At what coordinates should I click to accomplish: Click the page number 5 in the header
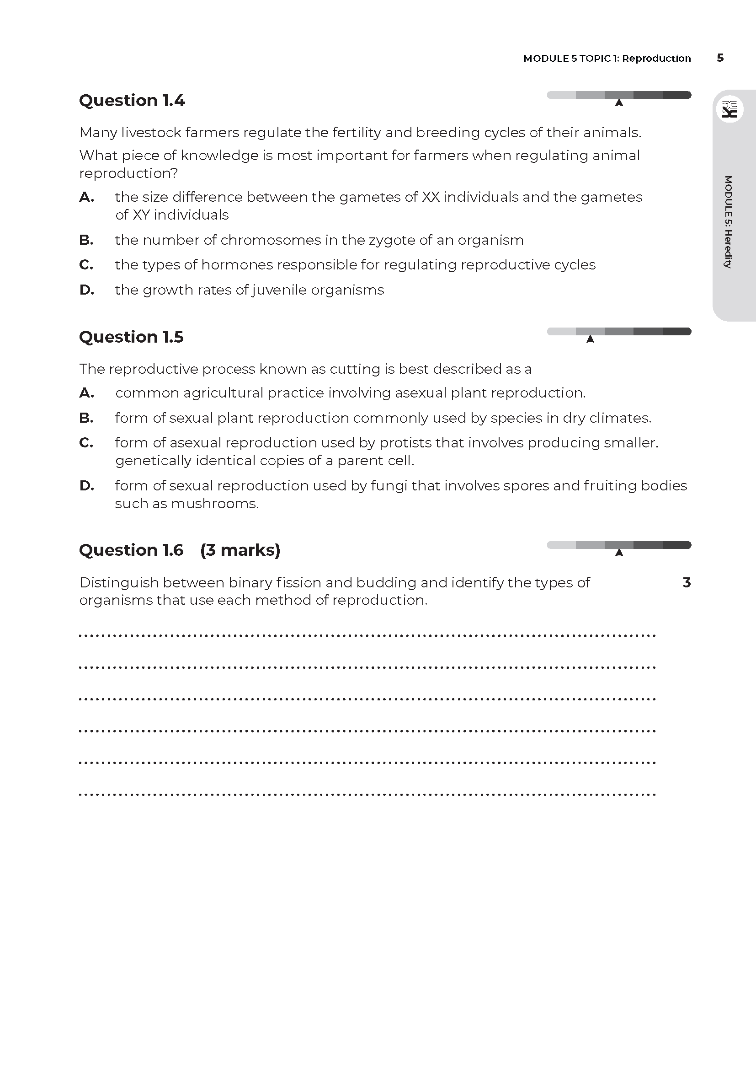[720, 58]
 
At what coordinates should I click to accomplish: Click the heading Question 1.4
[132, 100]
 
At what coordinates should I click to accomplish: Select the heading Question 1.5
[131, 337]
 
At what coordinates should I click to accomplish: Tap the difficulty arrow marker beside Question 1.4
[619, 102]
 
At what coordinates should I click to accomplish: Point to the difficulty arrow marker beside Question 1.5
[590, 339]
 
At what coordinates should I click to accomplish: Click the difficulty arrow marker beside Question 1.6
[619, 553]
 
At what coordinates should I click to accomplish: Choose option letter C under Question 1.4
[86, 265]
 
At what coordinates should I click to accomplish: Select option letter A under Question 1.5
[86, 393]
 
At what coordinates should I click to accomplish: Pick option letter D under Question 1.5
[86, 486]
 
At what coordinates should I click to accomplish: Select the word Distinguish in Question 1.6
[119, 582]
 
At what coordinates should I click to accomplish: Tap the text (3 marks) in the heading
[240, 550]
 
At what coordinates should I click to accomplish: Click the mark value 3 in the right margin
[686, 582]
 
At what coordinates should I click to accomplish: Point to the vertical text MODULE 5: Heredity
[728, 222]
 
